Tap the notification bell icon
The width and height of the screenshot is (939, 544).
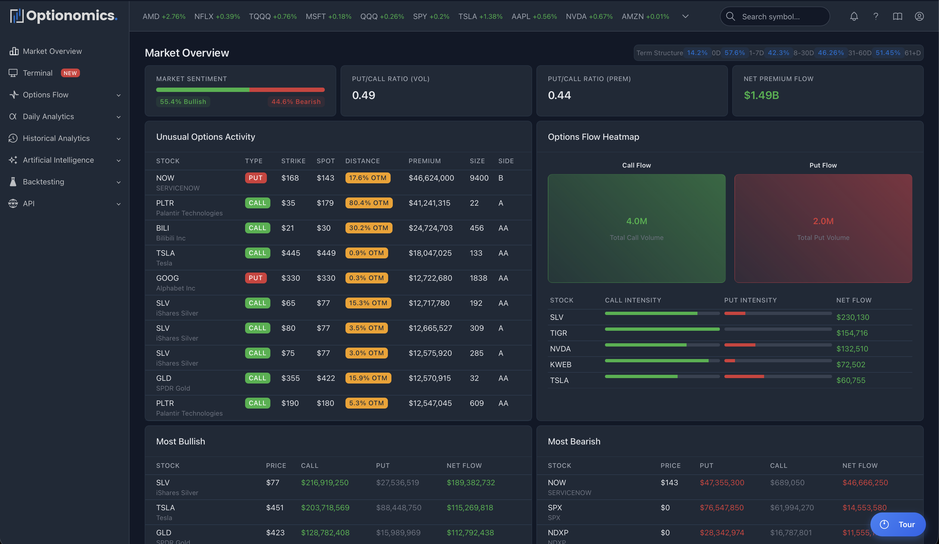[854, 16]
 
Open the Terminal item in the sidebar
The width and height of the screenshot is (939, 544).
[38, 73]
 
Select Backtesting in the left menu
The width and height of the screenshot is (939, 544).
[43, 182]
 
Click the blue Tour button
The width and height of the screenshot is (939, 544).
[898, 524]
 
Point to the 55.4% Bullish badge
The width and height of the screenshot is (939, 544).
[183, 102]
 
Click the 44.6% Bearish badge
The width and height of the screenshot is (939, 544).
[296, 102]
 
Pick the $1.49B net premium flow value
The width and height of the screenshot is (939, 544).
[761, 95]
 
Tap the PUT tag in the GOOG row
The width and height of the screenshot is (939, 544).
[256, 278]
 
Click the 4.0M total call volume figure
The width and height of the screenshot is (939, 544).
[637, 221]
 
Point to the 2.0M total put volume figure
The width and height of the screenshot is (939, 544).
[823, 221]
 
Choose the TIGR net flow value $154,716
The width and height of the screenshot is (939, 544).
[852, 333]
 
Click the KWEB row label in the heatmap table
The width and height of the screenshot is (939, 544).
[560, 364]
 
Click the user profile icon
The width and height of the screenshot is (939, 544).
[919, 16]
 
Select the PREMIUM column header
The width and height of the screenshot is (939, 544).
[424, 161]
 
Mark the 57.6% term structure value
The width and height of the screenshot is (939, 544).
[734, 53]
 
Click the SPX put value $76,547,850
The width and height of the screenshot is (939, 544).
[721, 508]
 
